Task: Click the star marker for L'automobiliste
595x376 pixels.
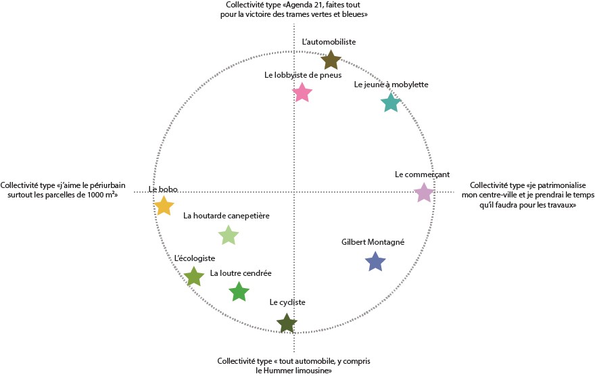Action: [x=330, y=61]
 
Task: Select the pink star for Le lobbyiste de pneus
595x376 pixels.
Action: [x=303, y=93]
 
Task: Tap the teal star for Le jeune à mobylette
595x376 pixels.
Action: [x=391, y=103]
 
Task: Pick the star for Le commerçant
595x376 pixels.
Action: [x=423, y=193]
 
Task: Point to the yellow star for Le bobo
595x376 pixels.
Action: [x=164, y=206]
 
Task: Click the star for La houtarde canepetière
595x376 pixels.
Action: [x=229, y=235]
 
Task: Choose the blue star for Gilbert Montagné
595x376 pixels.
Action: [x=375, y=261]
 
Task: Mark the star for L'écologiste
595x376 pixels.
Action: [x=194, y=277]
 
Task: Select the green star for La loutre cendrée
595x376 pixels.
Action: [x=239, y=292]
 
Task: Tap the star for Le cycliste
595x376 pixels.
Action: [x=287, y=323]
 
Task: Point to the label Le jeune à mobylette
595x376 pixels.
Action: [x=391, y=85]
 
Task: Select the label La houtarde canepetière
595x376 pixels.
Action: [x=227, y=216]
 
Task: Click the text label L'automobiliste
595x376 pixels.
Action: [x=329, y=42]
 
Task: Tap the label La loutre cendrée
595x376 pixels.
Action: [x=241, y=273]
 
